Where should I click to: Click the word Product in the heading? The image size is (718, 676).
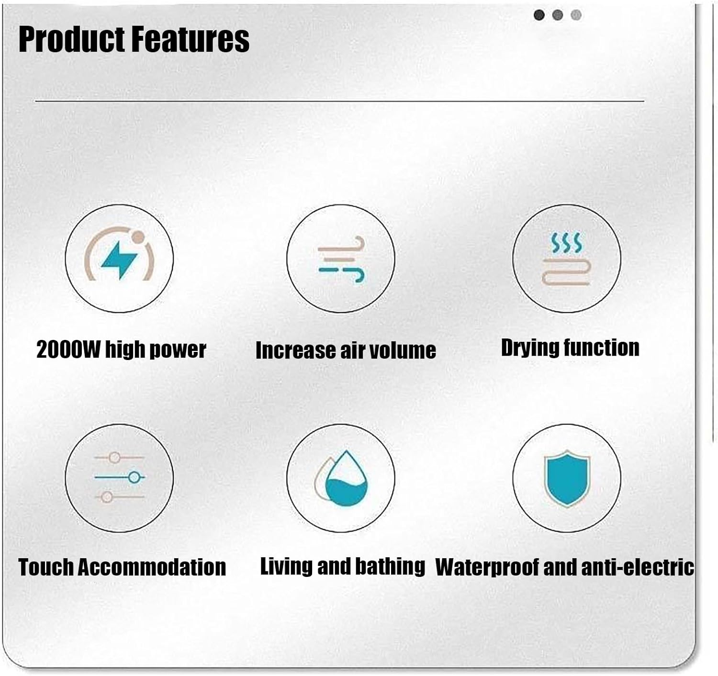tap(72, 39)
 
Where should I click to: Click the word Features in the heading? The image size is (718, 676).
tap(190, 39)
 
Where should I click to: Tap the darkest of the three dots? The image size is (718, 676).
tap(539, 15)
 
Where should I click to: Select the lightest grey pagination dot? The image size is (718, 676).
tap(576, 15)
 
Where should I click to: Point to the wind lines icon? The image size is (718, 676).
tap(341, 259)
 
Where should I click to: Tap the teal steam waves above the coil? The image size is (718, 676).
tap(567, 243)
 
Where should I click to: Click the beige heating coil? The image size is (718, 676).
tap(566, 271)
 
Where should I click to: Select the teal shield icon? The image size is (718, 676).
tap(567, 478)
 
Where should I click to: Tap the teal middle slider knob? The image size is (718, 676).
tap(134, 477)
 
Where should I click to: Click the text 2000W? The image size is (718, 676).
tap(68, 350)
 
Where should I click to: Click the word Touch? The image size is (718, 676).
tap(46, 567)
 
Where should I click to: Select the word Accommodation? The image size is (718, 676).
tap(152, 567)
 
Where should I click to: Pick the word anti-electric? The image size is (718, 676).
tap(638, 567)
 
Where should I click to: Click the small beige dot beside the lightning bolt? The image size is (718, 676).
tap(138, 237)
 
